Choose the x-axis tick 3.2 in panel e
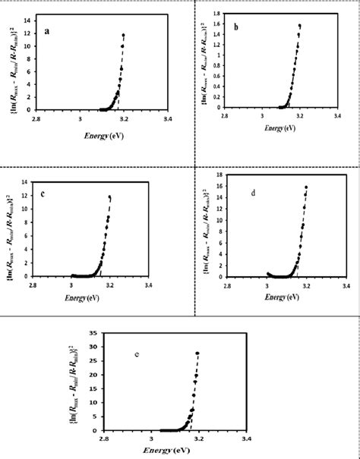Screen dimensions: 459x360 click(199, 438)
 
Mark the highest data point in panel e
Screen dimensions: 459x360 click(197, 353)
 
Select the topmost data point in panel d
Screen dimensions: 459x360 click(306, 187)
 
